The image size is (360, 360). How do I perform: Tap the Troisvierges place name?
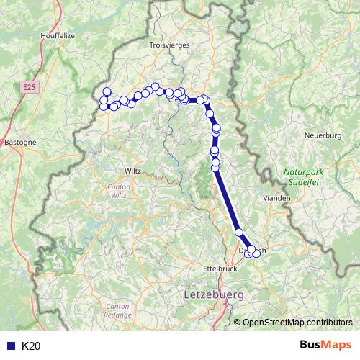click(168, 45)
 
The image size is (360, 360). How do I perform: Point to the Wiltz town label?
click(133, 171)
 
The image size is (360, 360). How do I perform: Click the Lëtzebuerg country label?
click(214, 295)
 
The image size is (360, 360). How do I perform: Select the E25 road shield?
click(28, 87)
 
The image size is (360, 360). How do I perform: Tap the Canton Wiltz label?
click(117, 191)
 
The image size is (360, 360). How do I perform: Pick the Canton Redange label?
click(117, 310)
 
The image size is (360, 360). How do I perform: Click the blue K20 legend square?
click(9, 346)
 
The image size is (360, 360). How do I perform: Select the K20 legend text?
click(31, 346)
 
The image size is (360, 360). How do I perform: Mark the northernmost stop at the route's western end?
click(107, 91)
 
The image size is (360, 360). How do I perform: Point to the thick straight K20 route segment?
click(228, 202)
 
